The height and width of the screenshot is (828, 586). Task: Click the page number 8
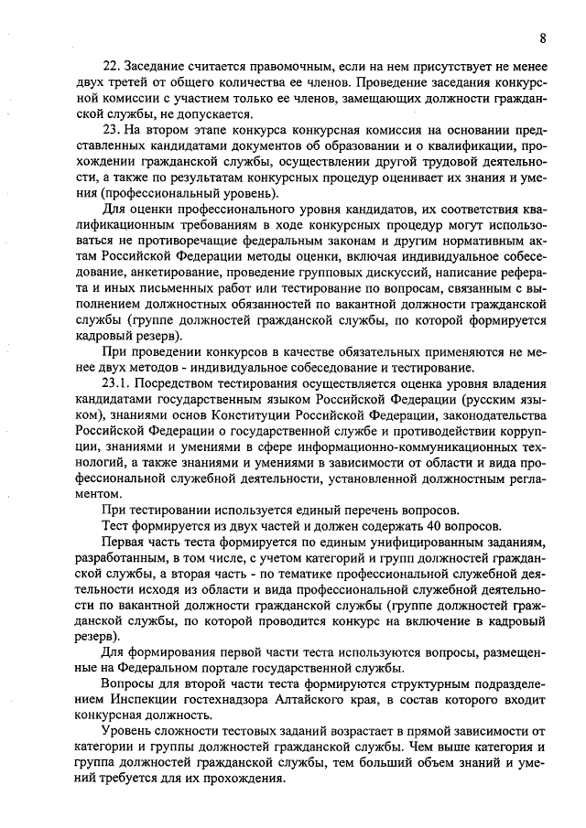tap(543, 38)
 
